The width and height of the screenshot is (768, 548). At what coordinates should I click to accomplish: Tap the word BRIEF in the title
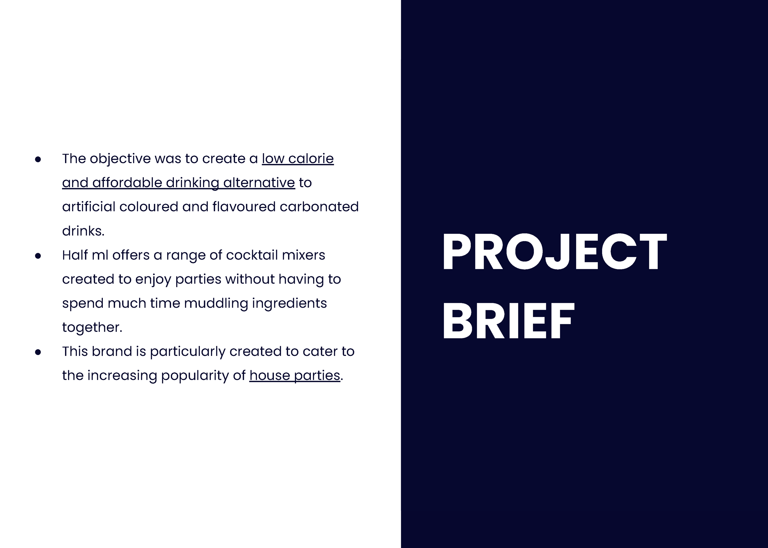[509, 321]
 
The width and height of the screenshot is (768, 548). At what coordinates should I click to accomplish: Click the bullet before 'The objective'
[38, 159]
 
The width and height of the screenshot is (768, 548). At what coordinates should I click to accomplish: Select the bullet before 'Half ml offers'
[38, 256]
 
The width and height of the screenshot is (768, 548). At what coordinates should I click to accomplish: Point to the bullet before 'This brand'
[38, 352]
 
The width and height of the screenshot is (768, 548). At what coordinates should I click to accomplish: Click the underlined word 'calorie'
[311, 159]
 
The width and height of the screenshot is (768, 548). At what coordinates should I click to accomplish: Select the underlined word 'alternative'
[259, 183]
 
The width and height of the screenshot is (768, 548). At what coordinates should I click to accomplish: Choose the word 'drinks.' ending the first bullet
[83, 231]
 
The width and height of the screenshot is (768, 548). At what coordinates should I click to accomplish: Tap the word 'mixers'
[303, 255]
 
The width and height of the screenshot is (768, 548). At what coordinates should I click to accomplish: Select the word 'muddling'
[216, 303]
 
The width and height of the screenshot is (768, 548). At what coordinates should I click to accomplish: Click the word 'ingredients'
[289, 303]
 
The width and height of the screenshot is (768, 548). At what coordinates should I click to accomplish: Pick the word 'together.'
[92, 327]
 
